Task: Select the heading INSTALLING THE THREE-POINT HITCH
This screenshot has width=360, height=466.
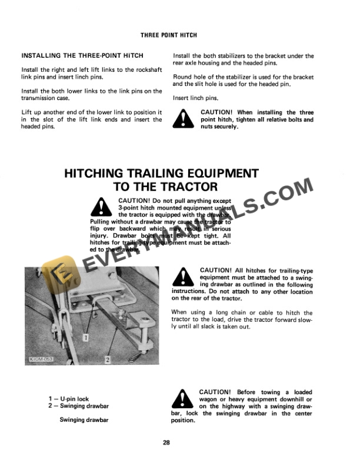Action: click(x=82, y=55)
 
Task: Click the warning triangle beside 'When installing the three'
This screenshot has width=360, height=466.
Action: click(x=185, y=119)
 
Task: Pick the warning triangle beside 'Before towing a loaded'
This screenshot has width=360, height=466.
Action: click(x=184, y=400)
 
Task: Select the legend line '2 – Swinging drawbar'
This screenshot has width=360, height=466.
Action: click(x=80, y=406)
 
